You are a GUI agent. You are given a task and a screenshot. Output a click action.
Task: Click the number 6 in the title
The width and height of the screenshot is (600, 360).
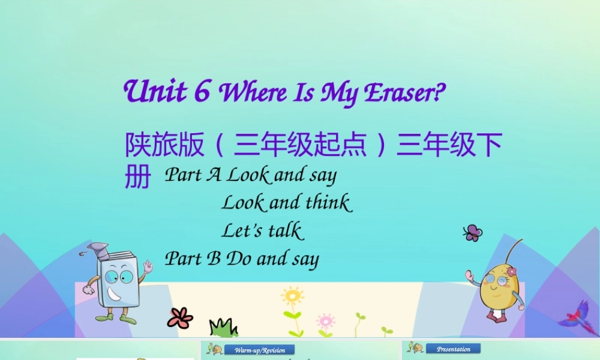(x=202, y=91)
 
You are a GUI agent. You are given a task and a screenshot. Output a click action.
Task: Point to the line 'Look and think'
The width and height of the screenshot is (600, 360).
(x=286, y=203)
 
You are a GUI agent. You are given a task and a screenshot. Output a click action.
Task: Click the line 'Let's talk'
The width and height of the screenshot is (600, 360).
(x=262, y=230)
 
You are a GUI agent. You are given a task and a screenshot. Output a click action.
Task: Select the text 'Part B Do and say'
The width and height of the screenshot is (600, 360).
(x=242, y=259)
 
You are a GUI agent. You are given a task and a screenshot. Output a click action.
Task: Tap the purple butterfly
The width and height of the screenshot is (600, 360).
(x=473, y=233)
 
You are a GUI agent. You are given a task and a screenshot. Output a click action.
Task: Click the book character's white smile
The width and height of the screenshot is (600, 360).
(x=114, y=295)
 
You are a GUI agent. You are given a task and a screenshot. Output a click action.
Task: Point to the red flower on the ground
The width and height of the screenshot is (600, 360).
(x=179, y=317)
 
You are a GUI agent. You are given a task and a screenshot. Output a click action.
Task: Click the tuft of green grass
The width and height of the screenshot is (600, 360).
(x=223, y=328)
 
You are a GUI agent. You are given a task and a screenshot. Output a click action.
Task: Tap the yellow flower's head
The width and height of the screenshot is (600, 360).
(x=292, y=296)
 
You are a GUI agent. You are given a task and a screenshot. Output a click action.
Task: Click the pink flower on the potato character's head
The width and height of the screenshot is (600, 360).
(x=511, y=271)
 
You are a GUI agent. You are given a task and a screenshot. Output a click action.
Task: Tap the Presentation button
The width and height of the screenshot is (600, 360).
(x=453, y=349)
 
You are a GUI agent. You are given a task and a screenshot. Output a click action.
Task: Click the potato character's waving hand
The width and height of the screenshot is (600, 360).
(x=470, y=277)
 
